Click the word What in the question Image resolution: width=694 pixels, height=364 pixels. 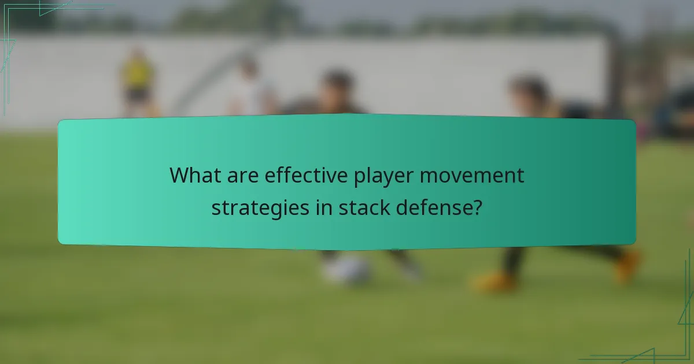pyautogui.click(x=196, y=176)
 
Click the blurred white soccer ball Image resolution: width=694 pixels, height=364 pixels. pyautogui.click(x=347, y=269)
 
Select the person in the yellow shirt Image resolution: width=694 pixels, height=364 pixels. pyautogui.click(x=138, y=81)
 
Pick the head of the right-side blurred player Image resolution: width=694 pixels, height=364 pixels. pyautogui.click(x=529, y=92)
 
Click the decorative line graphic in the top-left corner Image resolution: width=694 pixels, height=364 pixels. pyautogui.click(x=23, y=23)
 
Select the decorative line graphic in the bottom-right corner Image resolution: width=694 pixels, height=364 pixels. pyautogui.click(x=665, y=341)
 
